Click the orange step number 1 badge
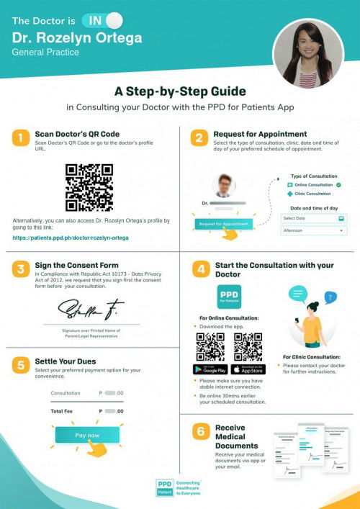pos(21,138)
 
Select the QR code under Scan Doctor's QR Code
pos(89,187)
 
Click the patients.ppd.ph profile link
pos(71,238)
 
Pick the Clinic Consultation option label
pos(312,194)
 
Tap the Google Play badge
pos(210,369)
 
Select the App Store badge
pos(248,369)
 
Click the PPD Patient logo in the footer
pos(166,487)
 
